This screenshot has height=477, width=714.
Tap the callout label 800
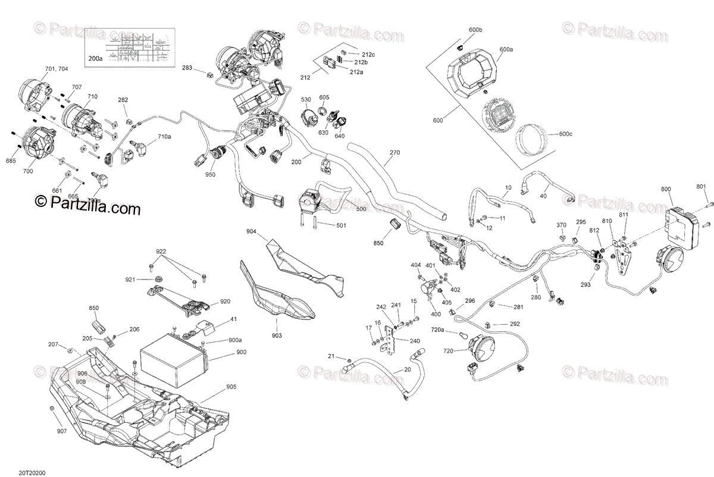point(666,189)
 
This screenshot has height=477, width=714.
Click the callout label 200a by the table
point(95,58)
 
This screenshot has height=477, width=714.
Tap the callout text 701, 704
point(57,69)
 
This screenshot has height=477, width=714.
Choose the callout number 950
point(211,174)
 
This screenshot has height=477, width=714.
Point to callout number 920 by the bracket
point(225,301)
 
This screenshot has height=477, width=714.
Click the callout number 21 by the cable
point(331,356)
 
